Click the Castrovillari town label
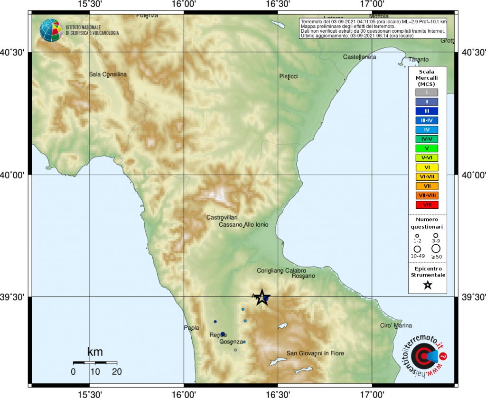pyautogui.click(x=222, y=217)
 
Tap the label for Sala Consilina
pyautogui.click(x=108, y=74)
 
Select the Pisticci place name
pyautogui.click(x=289, y=76)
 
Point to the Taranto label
pyautogui.click(x=418, y=60)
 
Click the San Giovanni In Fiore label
pyautogui.click(x=315, y=353)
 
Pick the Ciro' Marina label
pyautogui.click(x=396, y=325)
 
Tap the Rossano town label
pyautogui.click(x=303, y=276)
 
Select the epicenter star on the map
pyautogui.click(x=261, y=297)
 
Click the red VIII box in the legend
pyautogui.click(x=427, y=205)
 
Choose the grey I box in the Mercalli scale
pyautogui.click(x=427, y=93)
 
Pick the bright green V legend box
pyautogui.click(x=427, y=148)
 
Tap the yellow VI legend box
pyautogui.click(x=427, y=167)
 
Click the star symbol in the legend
pyautogui.click(x=427, y=285)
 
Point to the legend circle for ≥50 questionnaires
pyautogui.click(x=436, y=248)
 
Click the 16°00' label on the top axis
pyautogui.click(x=184, y=5)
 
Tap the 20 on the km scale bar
pyautogui.click(x=117, y=371)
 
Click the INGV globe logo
pyautogui.click(x=51, y=30)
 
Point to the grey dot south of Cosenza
pyautogui.click(x=235, y=350)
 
